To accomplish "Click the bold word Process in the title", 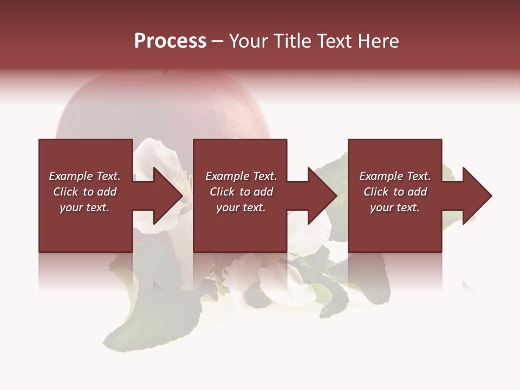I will tap(170, 41).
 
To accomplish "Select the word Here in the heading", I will tap(379, 41).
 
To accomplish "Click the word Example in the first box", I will tap(70, 176).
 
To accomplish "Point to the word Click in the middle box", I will tap(222, 192).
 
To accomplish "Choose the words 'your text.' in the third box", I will tap(394, 207).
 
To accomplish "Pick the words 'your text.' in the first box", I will tap(84, 207).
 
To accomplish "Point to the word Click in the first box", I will tap(66, 192).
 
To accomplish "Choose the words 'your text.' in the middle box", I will tap(240, 207).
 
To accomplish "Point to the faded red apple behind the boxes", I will tap(162, 108).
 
